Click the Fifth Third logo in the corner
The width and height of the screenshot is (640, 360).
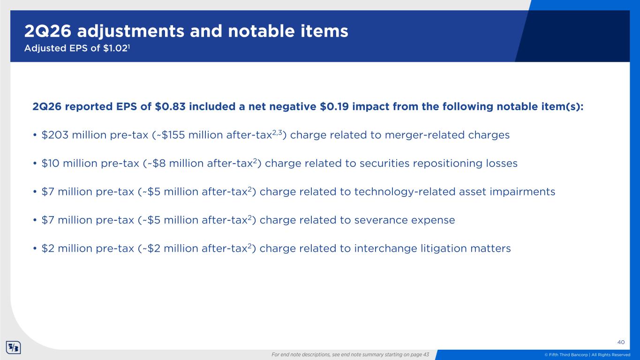coord(14,347)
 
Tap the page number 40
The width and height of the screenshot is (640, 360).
coord(621,342)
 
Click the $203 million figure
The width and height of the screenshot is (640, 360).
coord(55,135)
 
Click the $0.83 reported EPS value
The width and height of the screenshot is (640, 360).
coord(170,106)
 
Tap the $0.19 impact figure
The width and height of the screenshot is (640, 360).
coord(334,106)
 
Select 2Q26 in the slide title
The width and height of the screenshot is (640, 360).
coord(48,31)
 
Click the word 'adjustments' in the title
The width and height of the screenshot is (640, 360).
coord(130,31)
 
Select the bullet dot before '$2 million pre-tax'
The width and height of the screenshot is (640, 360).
coord(35,248)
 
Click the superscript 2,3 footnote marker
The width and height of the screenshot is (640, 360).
coord(277,132)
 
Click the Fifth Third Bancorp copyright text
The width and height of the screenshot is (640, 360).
coord(587,354)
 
